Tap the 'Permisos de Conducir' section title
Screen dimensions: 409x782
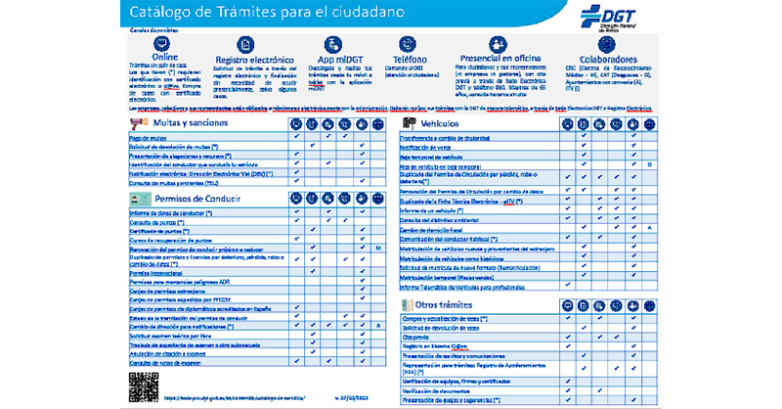(196, 199)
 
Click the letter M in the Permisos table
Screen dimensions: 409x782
(377, 249)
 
